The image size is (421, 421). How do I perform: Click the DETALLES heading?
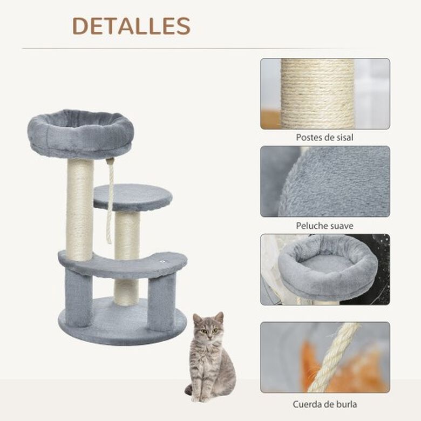[131, 26]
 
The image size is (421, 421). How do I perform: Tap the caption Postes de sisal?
[324, 138]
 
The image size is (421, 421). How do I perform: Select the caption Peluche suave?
[324, 226]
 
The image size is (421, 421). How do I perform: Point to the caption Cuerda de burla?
[324, 404]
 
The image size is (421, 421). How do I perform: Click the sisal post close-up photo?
[325, 94]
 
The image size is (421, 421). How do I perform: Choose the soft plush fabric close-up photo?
[325, 181]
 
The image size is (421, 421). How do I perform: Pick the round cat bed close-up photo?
[325, 269]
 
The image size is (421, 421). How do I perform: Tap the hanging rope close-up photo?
[325, 357]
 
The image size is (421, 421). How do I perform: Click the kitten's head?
[209, 327]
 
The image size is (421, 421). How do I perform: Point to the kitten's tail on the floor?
[189, 390]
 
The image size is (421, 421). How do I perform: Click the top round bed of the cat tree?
[80, 133]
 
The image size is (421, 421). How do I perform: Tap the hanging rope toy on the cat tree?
[110, 200]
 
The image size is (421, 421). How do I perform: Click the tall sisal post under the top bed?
[80, 210]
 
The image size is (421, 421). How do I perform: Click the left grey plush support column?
[79, 298]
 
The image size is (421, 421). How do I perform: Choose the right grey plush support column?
[162, 302]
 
